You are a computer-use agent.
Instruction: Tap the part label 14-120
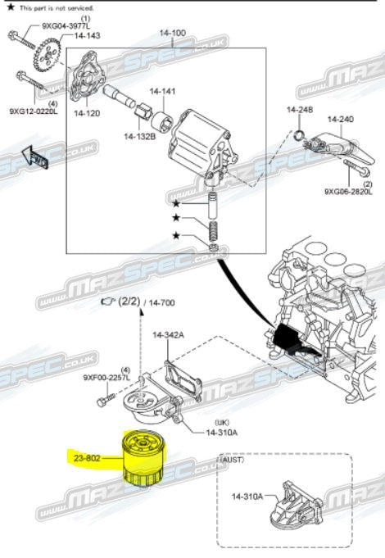point(87,113)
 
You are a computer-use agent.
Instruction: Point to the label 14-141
point(162,92)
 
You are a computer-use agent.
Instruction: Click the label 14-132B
point(140,136)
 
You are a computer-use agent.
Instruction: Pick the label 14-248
point(299,110)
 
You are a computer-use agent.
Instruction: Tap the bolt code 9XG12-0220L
point(34,111)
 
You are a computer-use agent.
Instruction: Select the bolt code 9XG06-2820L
point(348,192)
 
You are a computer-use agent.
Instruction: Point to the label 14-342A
point(168,335)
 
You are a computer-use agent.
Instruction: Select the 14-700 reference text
point(159,303)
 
